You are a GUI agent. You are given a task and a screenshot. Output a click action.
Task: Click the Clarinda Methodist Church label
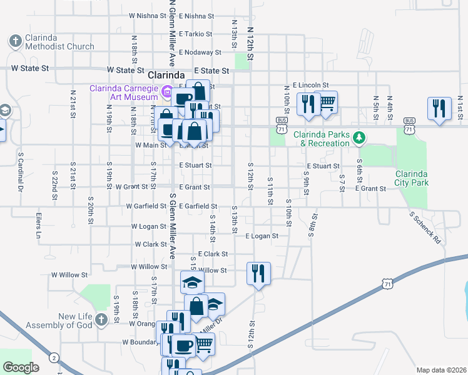coord(59,42)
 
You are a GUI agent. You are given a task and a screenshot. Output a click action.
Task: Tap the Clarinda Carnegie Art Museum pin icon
coord(166,93)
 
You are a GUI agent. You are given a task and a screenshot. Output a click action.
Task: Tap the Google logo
coord(21,367)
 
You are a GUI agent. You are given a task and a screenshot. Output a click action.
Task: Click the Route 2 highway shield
coord(54,357)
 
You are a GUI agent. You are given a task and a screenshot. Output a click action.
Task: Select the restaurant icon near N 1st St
coord(439,108)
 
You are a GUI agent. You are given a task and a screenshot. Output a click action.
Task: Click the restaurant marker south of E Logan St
coord(258,272)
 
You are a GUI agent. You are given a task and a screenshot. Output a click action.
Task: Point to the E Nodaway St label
coord(200,52)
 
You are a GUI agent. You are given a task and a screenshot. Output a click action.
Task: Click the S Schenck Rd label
coord(425,227)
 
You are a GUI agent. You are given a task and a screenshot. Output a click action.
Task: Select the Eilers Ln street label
coord(38,226)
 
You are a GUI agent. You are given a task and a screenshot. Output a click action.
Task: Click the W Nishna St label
coord(147,16)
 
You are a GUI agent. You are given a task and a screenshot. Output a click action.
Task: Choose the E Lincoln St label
coord(310,84)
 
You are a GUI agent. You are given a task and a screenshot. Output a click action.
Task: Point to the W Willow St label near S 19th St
coord(69,274)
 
